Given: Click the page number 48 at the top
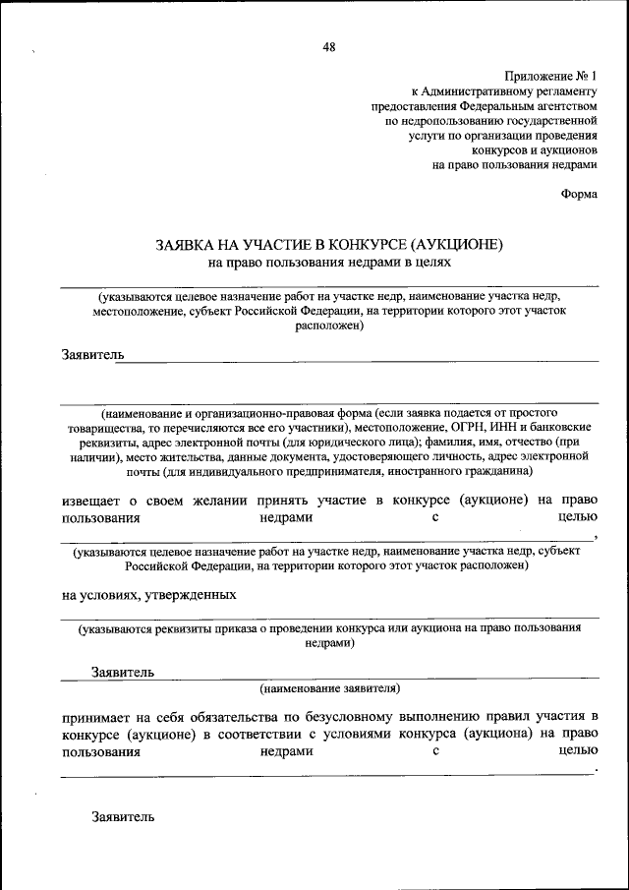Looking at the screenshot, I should [328, 47].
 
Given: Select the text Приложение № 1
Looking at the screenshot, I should [550, 76].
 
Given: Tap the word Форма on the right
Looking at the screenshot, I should [579, 194].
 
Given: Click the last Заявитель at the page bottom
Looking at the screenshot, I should [123, 816].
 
